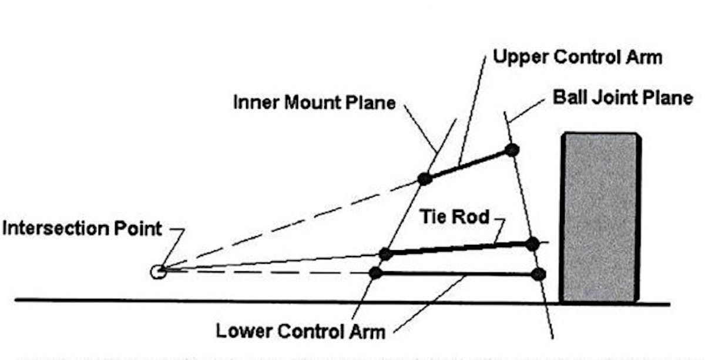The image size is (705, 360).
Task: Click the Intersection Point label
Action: (x=82, y=228)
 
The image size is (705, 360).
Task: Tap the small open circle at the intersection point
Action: (x=157, y=271)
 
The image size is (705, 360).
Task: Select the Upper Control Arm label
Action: (x=578, y=57)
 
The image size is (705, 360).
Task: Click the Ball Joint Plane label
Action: (x=623, y=97)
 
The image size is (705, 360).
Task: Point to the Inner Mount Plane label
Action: (x=314, y=102)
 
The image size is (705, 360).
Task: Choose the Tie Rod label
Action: (x=454, y=217)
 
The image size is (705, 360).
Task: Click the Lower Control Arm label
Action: (x=301, y=331)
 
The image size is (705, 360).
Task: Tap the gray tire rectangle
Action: (x=600, y=217)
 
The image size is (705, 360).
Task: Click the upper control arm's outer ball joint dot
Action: (x=512, y=150)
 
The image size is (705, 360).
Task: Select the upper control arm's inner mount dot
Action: (x=425, y=179)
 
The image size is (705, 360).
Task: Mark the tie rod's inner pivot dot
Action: (x=385, y=254)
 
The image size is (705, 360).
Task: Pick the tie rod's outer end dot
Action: (x=532, y=244)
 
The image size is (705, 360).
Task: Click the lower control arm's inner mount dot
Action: (x=376, y=272)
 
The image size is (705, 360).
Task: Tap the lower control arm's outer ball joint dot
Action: (x=538, y=274)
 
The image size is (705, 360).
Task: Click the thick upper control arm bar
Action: (x=468, y=164)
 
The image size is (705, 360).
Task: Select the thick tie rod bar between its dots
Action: (x=458, y=249)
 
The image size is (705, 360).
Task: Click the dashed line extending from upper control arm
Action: (x=294, y=224)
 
